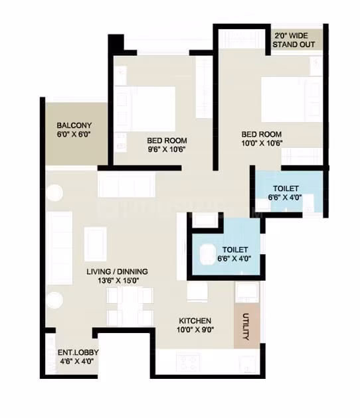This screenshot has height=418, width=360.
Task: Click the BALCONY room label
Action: pos(74,125)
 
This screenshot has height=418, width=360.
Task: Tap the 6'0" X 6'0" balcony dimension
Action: pos(74,134)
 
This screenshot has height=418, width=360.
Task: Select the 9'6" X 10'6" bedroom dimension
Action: pos(167,149)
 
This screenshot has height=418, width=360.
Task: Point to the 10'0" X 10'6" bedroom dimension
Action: pos(262,143)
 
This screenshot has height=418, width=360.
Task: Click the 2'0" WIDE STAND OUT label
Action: pos(294,40)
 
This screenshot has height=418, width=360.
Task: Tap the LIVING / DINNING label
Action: pos(117,271)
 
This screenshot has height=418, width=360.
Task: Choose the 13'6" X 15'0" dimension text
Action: pos(118,281)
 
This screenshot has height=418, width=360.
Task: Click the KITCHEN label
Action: pos(195,320)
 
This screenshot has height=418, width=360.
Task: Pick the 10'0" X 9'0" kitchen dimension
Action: pos(195,330)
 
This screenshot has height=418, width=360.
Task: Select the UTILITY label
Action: pos(246,326)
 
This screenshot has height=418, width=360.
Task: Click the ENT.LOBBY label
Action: pos(78,352)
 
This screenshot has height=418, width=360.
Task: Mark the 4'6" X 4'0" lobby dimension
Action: pos(76,362)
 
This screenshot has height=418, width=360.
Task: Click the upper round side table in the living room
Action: pos(54,192)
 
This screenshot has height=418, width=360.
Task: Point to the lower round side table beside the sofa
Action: pos(54,300)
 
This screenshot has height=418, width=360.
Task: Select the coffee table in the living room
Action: pos(96,244)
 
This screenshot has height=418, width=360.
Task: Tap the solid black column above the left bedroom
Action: pos(116,43)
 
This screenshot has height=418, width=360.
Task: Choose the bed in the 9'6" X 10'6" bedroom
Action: pos(145,109)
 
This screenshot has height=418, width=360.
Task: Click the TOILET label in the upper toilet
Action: pos(286,188)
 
